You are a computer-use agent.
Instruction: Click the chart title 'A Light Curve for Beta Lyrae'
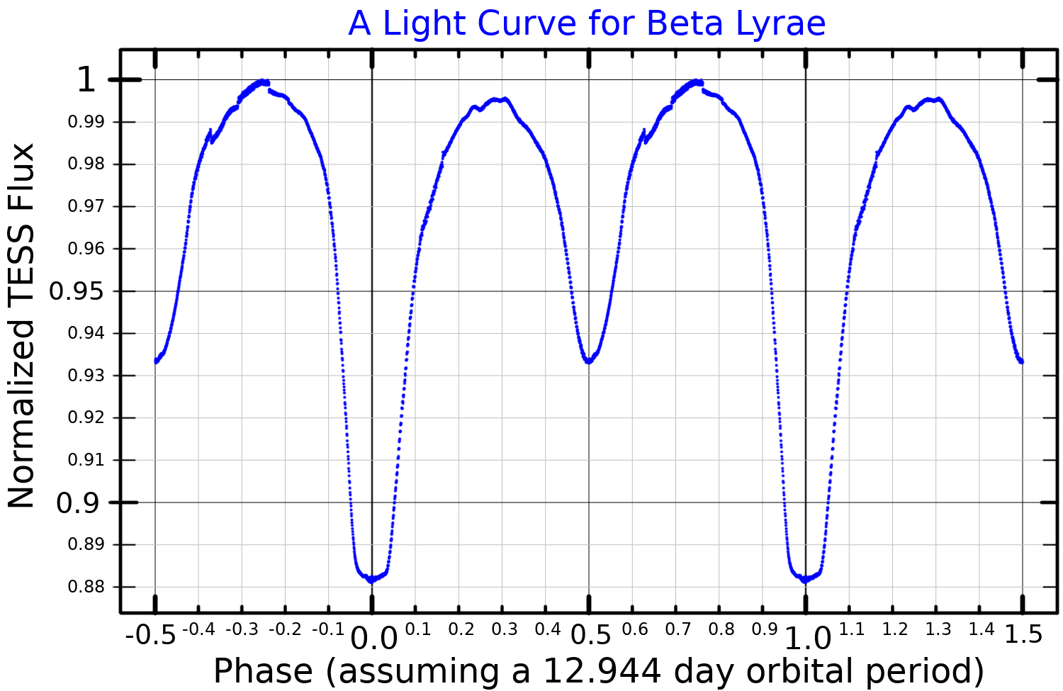click(587, 23)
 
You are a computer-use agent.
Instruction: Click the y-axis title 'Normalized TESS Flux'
click(21, 326)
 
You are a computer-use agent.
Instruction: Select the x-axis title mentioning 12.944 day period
click(599, 670)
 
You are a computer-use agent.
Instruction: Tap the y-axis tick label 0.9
click(77, 503)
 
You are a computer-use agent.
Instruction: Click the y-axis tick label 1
click(86, 80)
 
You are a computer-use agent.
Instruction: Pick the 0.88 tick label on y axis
click(84, 588)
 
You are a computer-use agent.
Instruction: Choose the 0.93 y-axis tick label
click(84, 376)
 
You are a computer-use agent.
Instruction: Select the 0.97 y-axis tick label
click(84, 206)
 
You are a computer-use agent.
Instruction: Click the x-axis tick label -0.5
click(150, 634)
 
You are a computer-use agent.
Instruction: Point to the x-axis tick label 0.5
click(590, 635)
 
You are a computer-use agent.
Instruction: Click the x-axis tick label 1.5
click(1023, 634)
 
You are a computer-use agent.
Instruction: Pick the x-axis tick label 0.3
click(505, 629)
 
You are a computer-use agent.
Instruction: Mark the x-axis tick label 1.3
click(938, 629)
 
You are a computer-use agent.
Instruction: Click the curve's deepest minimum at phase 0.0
click(371, 580)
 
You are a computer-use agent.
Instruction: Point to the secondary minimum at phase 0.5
click(588, 361)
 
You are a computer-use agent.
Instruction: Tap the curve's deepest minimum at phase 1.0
click(805, 580)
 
